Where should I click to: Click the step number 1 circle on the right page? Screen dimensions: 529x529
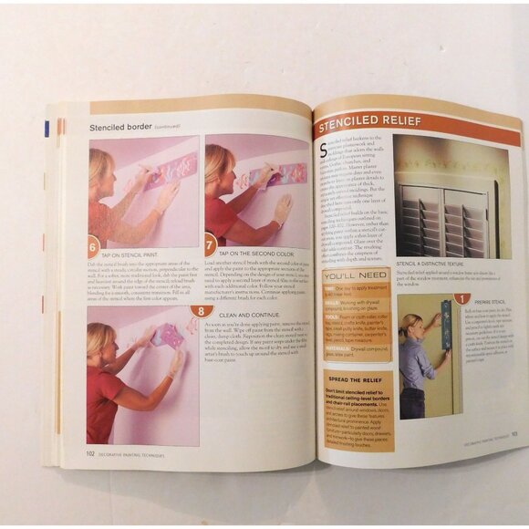point(462,298)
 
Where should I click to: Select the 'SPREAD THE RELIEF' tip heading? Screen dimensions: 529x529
point(355,378)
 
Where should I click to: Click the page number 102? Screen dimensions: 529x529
point(90,451)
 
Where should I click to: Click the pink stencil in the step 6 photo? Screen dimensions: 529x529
point(173,169)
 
